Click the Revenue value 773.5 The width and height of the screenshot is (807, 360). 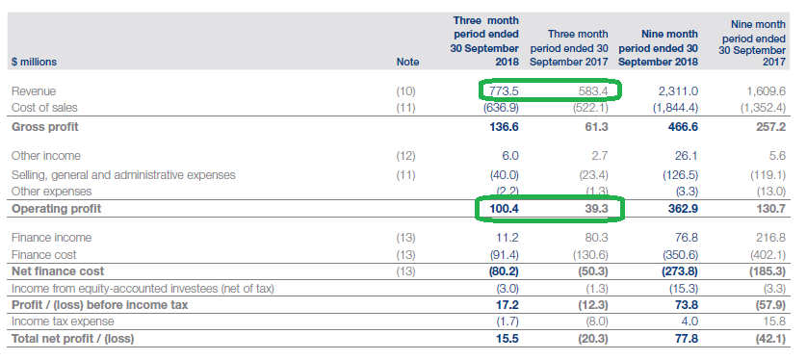pos(504,90)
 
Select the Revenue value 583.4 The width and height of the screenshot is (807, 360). pos(592,90)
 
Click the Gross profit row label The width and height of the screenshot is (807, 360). pos(45,126)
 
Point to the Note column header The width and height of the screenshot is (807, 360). pos(408,62)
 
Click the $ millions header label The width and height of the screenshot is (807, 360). pos(35,62)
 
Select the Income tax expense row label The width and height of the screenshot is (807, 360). pos(56,321)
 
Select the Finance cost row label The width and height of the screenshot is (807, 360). pos(44,254)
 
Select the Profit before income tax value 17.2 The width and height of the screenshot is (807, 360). pos(505,304)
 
